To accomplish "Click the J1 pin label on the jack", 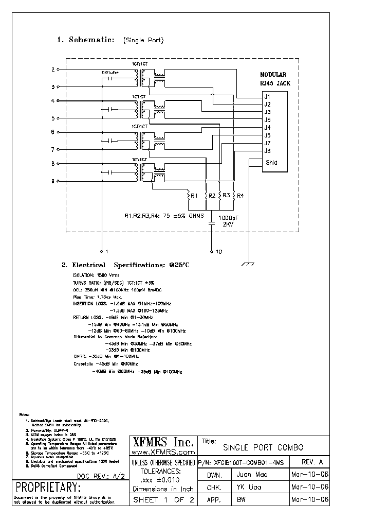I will coord(267,96).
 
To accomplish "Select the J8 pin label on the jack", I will coord(267,151).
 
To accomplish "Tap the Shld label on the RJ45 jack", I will coord(271,163).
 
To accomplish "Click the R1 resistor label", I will coord(194,196).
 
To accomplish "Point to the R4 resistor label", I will coord(240,196).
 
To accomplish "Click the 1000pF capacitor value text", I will coord(229,218).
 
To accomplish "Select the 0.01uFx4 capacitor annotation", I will coord(111,73).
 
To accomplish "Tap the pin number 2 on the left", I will coord(52,69).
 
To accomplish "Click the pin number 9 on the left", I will coord(52,181).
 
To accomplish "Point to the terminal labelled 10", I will coord(219,252).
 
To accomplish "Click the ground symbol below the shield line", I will coord(248,264).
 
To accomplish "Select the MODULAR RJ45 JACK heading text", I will coord(273,78).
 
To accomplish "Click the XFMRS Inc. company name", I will coord(163,442).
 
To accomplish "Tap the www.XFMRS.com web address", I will coord(163,452).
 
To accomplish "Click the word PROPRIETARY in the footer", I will coord(48,488).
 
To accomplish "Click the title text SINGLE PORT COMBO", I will coord(263,447).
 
